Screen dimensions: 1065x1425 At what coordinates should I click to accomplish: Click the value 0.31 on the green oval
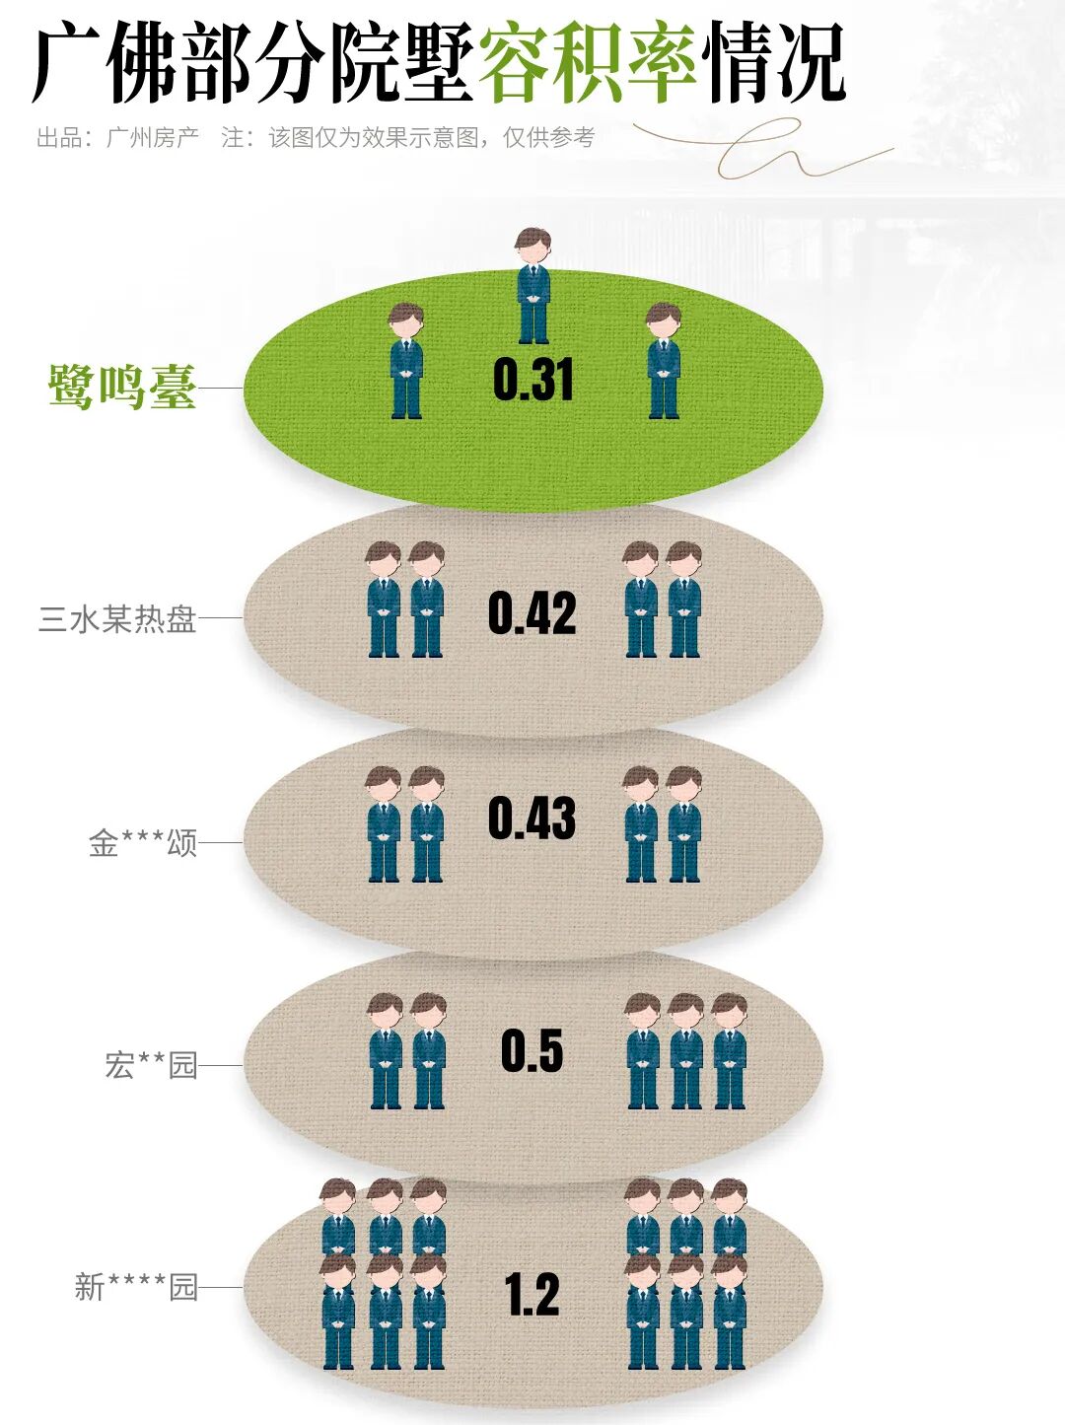(532, 380)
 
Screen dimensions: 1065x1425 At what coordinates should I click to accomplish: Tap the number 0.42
(532, 613)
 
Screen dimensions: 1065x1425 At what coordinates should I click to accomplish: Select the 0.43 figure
(532, 819)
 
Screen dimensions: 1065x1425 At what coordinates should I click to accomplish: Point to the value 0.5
(532, 1050)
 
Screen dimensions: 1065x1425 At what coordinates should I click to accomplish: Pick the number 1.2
(532, 1294)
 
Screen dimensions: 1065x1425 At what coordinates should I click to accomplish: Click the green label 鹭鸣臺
(122, 387)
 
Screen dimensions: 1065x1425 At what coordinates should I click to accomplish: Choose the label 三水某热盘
(117, 618)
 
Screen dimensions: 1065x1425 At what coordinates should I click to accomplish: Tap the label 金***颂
(143, 843)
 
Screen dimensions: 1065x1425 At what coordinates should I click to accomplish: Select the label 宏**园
(151, 1065)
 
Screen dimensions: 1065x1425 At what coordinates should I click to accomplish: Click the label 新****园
(136, 1287)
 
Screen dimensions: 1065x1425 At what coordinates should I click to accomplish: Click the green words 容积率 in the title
(588, 63)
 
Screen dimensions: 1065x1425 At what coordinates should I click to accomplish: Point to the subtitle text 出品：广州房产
(117, 137)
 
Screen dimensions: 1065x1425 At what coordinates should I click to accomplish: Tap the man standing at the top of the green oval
(533, 286)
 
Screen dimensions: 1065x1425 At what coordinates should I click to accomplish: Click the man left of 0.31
(406, 361)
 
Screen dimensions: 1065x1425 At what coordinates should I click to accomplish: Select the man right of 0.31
(664, 361)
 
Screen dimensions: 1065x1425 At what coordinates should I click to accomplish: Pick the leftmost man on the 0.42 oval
(384, 600)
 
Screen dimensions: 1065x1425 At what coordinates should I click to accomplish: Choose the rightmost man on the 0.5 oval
(729, 1051)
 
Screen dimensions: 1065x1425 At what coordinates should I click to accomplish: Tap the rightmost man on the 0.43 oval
(683, 824)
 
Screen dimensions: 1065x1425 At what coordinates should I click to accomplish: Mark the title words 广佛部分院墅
(253, 63)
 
